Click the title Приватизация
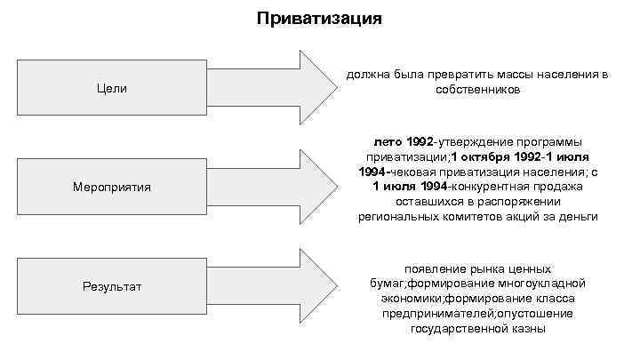(x=319, y=18)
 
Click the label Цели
(x=113, y=88)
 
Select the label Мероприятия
(x=113, y=188)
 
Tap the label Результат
(x=113, y=286)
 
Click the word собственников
(x=478, y=90)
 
